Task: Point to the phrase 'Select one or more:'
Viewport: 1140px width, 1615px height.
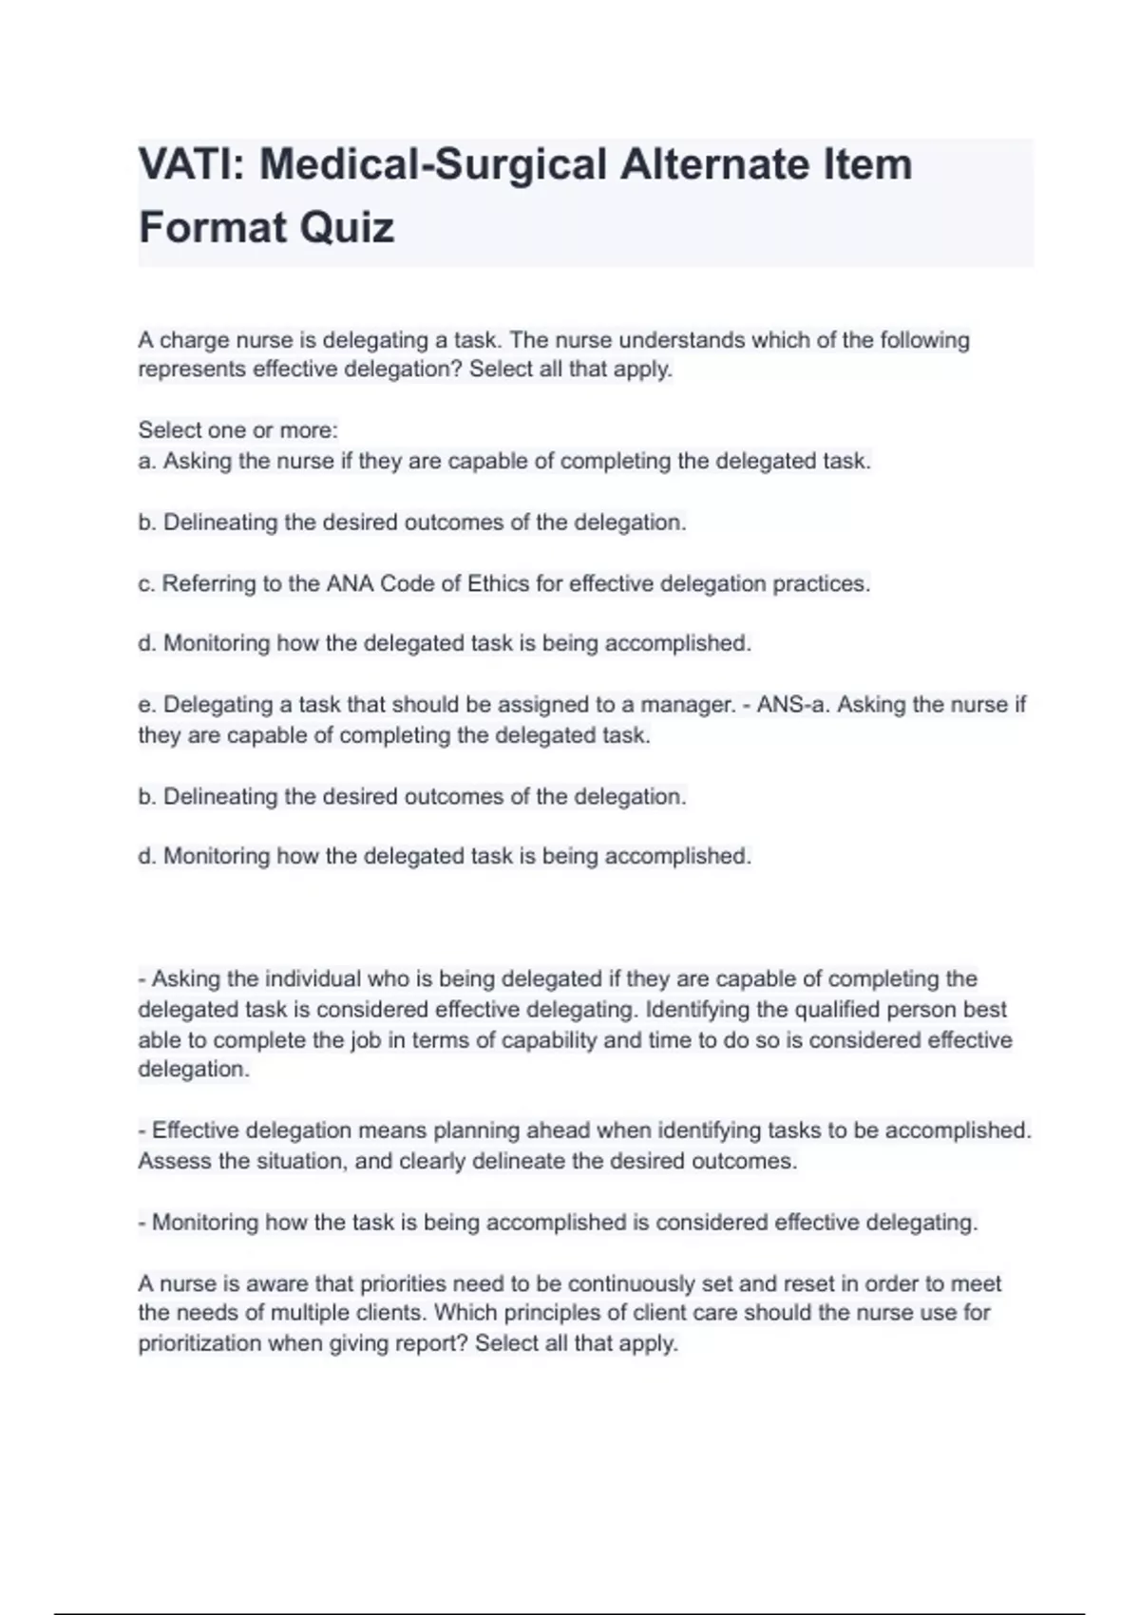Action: [237, 430]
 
